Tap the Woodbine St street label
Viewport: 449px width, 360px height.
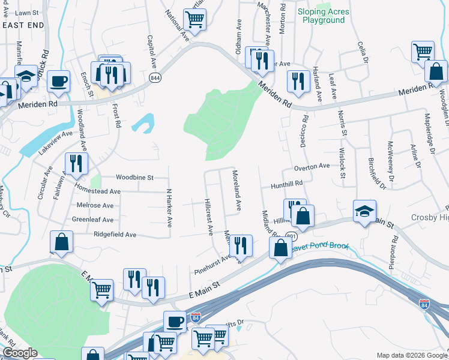point(134,178)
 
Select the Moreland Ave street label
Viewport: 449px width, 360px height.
point(237,190)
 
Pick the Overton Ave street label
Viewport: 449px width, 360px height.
point(312,166)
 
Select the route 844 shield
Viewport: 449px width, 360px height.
point(155,78)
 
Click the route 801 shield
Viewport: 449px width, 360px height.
point(290,236)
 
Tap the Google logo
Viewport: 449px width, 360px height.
point(20,353)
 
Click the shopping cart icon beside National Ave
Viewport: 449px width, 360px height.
point(195,19)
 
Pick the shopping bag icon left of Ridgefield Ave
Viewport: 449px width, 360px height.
point(61,242)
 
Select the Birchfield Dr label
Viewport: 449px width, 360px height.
point(372,165)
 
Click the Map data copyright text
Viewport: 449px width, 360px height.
point(411,355)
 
